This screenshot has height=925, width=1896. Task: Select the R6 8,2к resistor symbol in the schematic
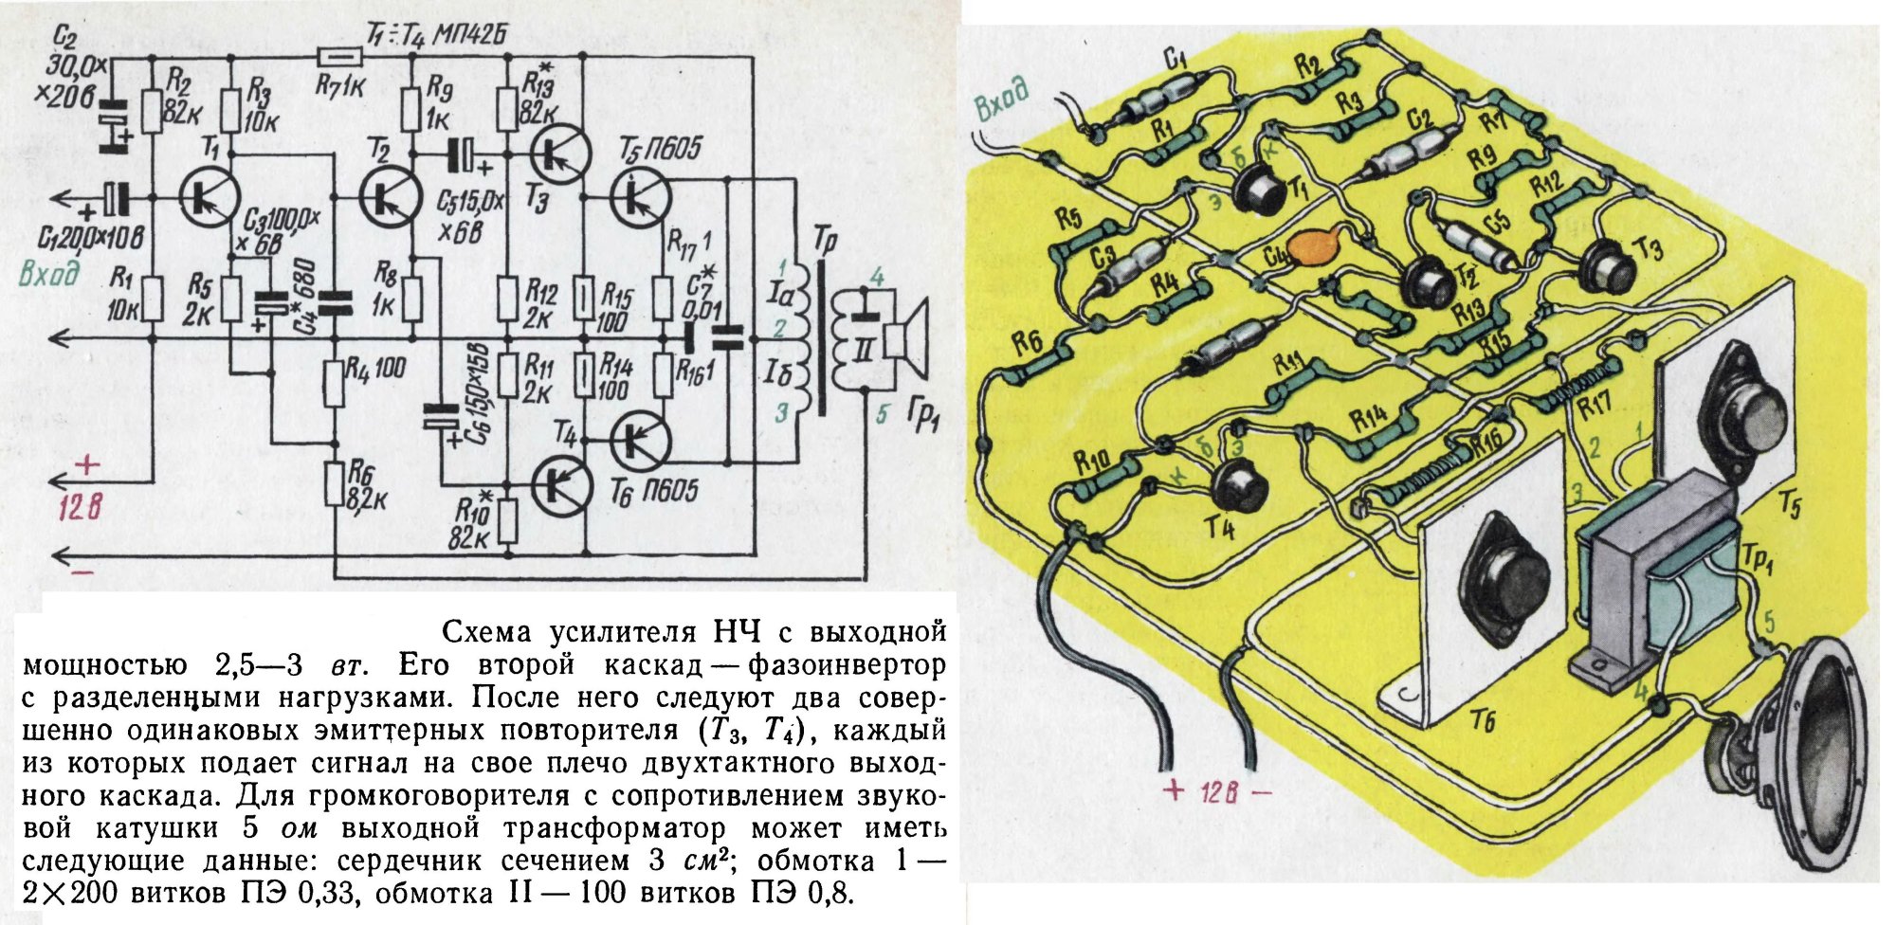click(334, 484)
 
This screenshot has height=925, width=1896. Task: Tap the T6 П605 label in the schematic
click(661, 490)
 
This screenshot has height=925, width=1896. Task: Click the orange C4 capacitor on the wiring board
click(1308, 248)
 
